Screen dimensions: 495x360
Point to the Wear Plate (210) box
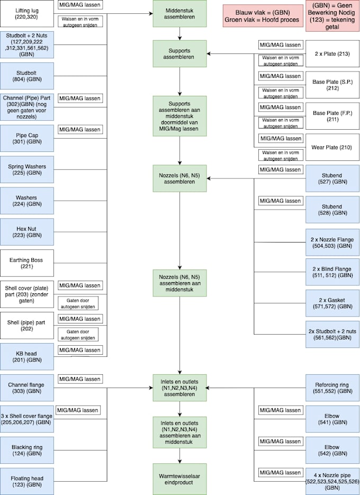(x=332, y=147)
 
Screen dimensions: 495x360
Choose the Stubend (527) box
(x=332, y=178)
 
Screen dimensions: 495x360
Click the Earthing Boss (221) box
(x=27, y=263)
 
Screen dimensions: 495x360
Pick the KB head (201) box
(x=27, y=356)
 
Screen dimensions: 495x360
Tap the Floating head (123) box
(x=27, y=481)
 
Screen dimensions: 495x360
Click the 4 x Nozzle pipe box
(x=332, y=481)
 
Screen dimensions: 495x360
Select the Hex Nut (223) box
(x=27, y=231)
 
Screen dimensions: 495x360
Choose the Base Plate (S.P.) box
(x=332, y=85)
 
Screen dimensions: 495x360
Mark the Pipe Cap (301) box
(x=27, y=138)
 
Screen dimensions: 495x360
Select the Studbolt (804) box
(x=27, y=76)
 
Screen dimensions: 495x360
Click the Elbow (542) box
(x=332, y=451)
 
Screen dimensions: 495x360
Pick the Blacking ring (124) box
(x=27, y=451)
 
